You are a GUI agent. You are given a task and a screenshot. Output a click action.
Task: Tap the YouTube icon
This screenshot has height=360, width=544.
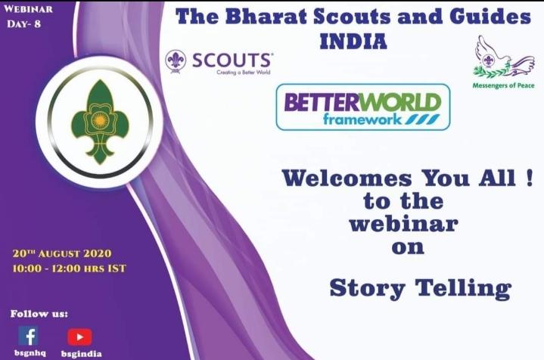click(79, 336)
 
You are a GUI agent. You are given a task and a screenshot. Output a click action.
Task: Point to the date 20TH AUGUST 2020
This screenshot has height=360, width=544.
click(62, 253)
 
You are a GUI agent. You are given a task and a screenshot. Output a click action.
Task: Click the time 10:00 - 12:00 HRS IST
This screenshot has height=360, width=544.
click(69, 268)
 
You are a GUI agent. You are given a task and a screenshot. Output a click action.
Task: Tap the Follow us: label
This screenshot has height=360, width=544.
click(39, 313)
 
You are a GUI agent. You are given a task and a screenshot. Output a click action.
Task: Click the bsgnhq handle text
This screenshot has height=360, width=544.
click(28, 353)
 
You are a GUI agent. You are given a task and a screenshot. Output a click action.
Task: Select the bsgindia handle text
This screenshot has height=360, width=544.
click(81, 353)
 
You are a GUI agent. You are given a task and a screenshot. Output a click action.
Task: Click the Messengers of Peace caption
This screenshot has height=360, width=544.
click(498, 85)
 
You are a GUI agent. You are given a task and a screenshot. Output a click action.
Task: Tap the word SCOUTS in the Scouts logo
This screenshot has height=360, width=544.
click(232, 60)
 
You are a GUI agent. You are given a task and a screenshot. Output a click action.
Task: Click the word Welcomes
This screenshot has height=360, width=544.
click(347, 180)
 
